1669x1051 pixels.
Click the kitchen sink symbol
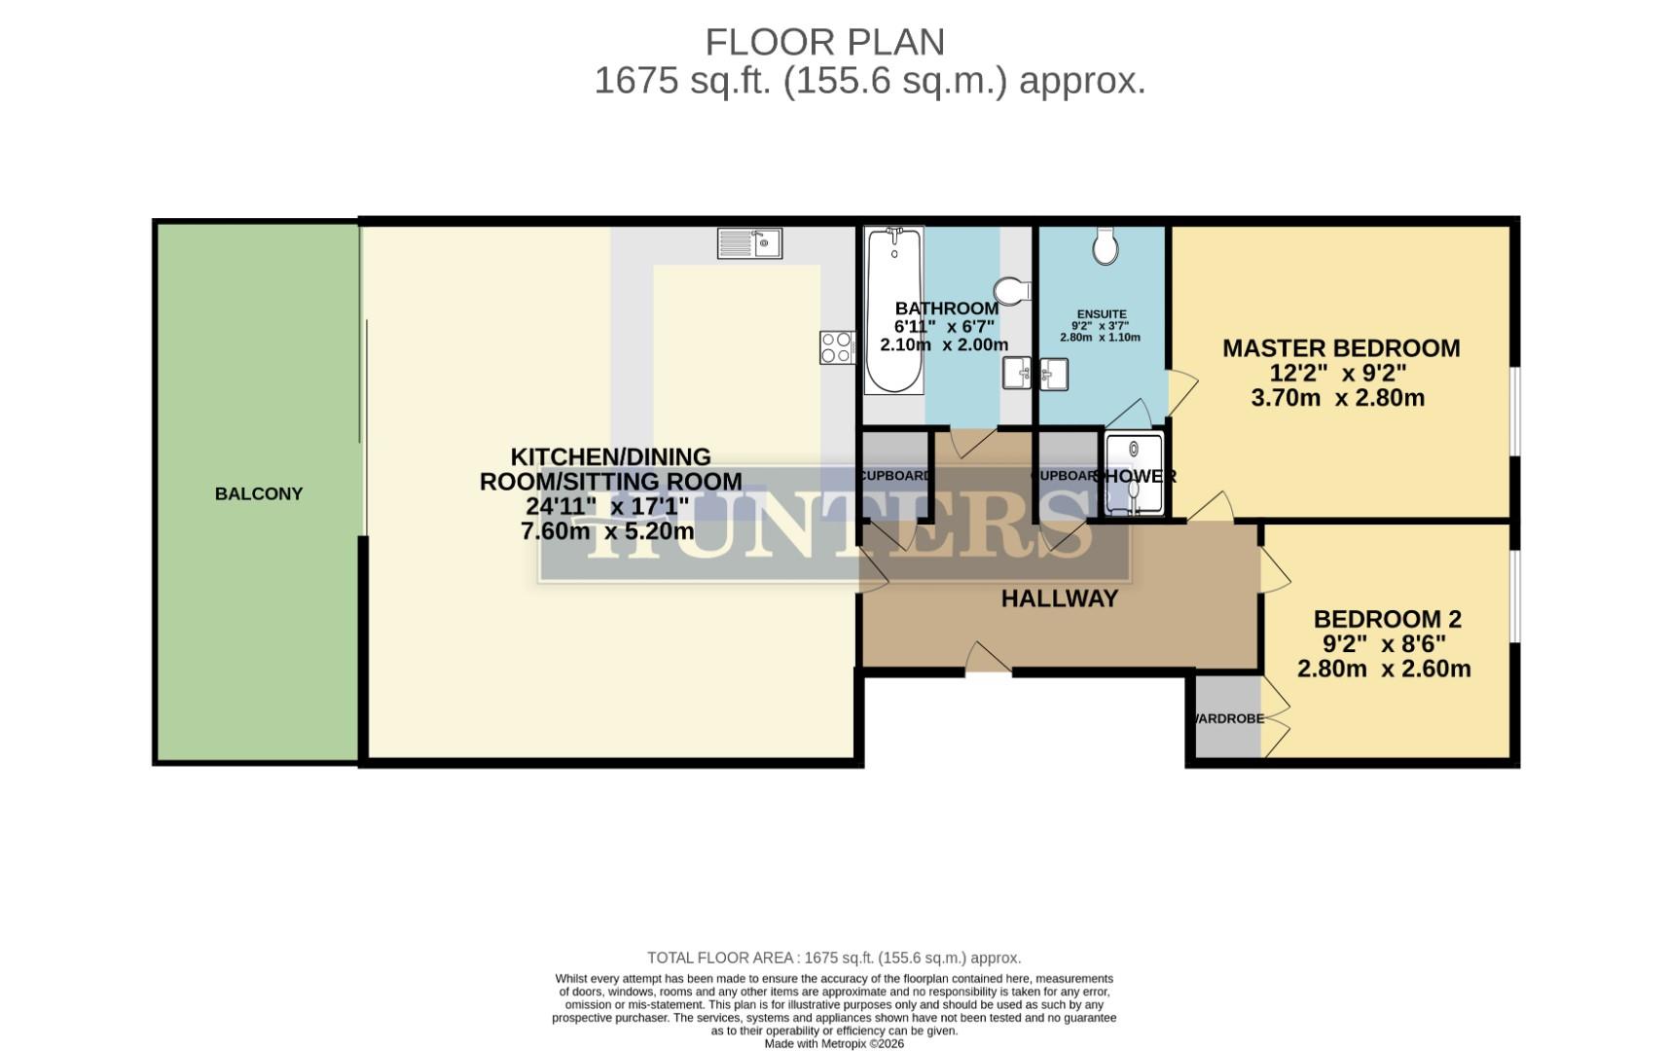point(749,243)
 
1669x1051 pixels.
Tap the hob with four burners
point(836,347)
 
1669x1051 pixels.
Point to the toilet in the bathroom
point(1012,290)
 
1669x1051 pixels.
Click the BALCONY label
point(259,494)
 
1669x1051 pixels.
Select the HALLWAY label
point(1060,598)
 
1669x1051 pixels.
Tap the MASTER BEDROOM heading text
point(1341,348)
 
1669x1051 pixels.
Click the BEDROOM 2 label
point(1387,619)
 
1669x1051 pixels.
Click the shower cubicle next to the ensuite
point(1134,474)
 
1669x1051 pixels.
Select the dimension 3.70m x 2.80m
point(1337,398)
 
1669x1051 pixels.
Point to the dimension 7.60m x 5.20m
point(607,531)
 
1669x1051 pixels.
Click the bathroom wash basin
point(1018,373)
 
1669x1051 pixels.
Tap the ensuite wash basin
point(1054,374)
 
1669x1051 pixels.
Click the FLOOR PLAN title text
point(824,43)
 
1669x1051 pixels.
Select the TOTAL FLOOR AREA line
point(834,959)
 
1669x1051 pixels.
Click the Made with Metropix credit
point(834,1043)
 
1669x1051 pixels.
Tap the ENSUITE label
point(1101,314)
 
